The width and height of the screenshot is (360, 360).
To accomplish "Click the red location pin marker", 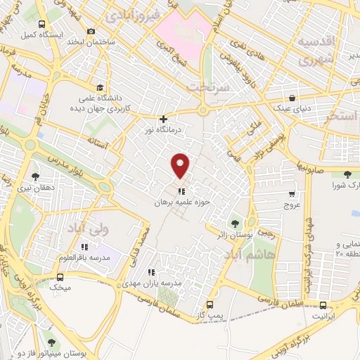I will [x=181, y=165].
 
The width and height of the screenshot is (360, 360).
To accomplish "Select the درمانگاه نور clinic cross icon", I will [x=163, y=120].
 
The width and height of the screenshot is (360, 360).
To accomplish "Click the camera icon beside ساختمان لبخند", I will [x=91, y=31].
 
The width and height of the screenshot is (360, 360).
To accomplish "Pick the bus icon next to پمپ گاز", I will [x=210, y=305].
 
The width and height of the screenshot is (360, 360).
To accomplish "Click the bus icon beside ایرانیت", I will [x=323, y=305].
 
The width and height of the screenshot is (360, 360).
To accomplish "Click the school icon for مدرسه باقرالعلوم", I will [x=84, y=246].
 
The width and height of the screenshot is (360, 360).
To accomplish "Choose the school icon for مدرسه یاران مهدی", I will [x=150, y=271].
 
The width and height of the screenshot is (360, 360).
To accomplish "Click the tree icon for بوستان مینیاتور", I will [x=49, y=335].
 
